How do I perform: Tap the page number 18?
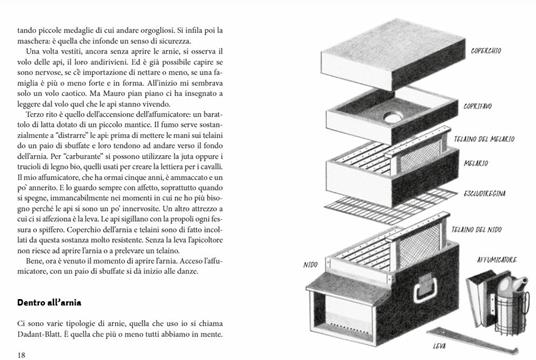(x=22, y=353)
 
